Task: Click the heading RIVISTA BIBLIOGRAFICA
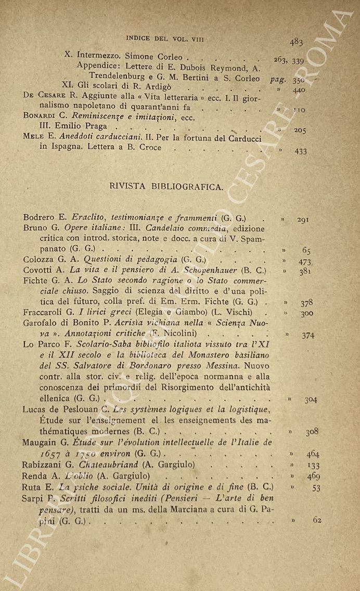[x=166, y=187]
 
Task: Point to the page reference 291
[x=304, y=220]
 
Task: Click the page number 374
[x=308, y=336]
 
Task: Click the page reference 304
[x=311, y=400]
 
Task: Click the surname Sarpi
[x=34, y=498]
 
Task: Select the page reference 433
[x=300, y=151]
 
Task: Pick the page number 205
[x=300, y=131]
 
